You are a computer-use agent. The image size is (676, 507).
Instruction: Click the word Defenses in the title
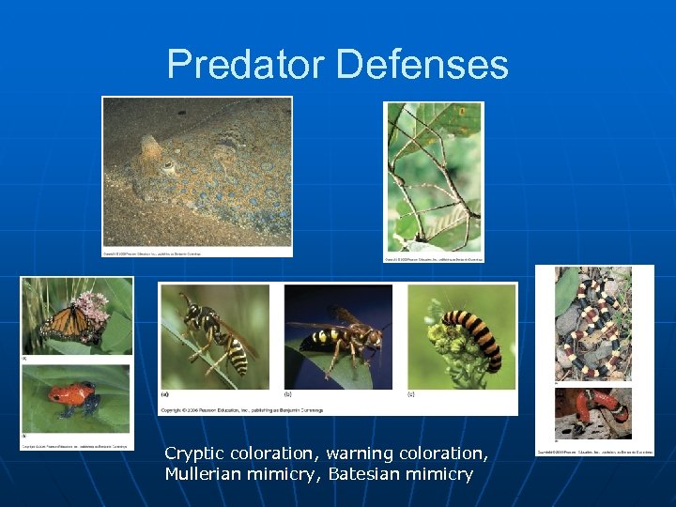422,65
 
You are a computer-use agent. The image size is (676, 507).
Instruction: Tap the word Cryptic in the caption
195,453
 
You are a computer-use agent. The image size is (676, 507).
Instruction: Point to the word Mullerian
203,474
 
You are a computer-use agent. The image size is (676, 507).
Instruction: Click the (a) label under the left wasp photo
165,395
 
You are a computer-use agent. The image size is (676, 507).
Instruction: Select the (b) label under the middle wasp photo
289,395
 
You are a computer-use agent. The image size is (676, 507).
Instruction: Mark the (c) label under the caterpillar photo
412,395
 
